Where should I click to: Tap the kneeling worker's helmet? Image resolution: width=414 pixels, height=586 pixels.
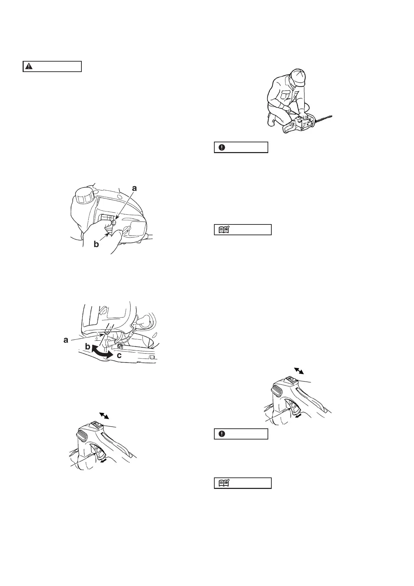[298, 77]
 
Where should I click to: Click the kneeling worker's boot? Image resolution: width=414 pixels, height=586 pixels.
[271, 120]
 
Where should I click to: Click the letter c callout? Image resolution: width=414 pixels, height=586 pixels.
[119, 356]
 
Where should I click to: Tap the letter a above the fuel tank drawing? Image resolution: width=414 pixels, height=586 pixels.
[135, 188]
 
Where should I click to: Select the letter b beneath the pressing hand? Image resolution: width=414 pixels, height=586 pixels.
[96, 244]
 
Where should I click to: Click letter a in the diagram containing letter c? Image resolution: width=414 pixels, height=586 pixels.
[66, 340]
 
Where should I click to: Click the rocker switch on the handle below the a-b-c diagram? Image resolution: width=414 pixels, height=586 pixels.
[97, 425]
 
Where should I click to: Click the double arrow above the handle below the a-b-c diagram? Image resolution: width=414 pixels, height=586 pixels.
[104, 415]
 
